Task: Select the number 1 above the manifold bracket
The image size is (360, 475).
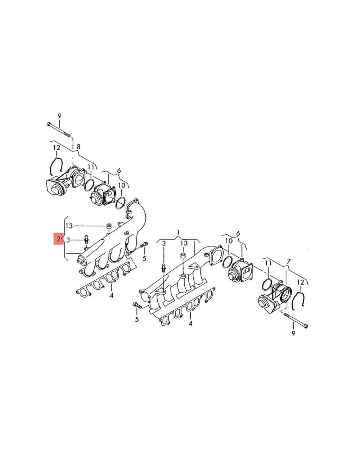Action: pyautogui.click(x=178, y=232)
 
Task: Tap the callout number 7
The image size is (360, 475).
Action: pyautogui.click(x=288, y=262)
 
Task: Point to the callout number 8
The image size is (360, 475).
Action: pyautogui.click(x=78, y=147)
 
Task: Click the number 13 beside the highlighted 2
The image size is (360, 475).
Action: pyautogui.click(x=69, y=226)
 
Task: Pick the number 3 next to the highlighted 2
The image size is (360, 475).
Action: pyautogui.click(x=68, y=240)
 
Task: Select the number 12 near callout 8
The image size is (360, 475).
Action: pyautogui.click(x=57, y=148)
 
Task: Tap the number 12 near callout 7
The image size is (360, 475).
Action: pyautogui.click(x=301, y=282)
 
